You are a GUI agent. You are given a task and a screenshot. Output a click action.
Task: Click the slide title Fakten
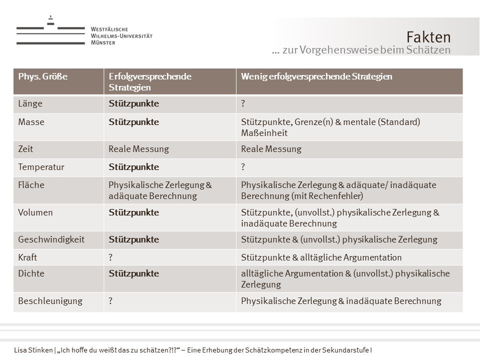(428, 37)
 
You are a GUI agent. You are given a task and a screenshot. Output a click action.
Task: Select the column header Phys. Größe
(42, 76)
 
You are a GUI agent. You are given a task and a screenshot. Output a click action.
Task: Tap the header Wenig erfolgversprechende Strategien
(316, 76)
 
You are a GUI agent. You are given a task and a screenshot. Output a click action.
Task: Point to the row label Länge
(30, 104)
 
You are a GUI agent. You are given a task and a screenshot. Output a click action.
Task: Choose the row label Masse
(31, 122)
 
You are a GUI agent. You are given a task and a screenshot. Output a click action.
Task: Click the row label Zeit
(26, 149)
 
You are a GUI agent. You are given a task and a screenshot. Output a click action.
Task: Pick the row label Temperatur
(41, 167)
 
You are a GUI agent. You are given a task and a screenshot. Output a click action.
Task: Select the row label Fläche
(31, 185)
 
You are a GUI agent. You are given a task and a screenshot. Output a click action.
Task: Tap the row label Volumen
(35, 212)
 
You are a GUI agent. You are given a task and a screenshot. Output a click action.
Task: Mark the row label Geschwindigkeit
(51, 239)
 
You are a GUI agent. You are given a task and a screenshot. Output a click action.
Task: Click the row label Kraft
(27, 257)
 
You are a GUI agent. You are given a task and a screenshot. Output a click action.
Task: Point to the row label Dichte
(31, 273)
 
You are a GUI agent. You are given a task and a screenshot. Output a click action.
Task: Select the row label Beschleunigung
(50, 301)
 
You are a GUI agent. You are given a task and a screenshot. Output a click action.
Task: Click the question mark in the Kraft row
(111, 257)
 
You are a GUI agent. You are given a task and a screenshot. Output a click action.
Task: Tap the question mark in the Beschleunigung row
(111, 301)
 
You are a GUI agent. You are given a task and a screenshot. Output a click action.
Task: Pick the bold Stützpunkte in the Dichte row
(133, 273)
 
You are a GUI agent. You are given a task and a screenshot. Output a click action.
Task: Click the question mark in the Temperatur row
(243, 167)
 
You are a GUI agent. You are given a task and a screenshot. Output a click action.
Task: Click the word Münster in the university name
(103, 43)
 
